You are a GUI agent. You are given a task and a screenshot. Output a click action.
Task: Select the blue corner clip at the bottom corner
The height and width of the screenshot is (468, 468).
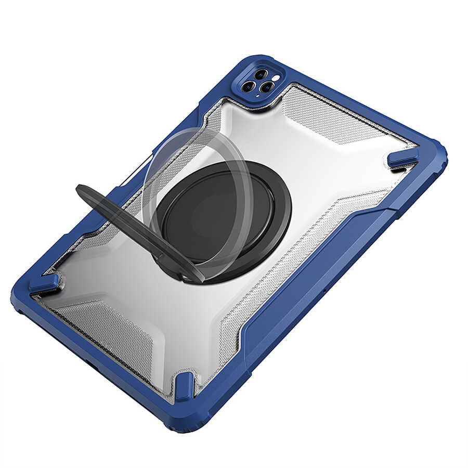point(184,386)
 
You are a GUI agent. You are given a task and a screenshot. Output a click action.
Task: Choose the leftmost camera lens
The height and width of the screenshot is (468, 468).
point(248,86)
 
